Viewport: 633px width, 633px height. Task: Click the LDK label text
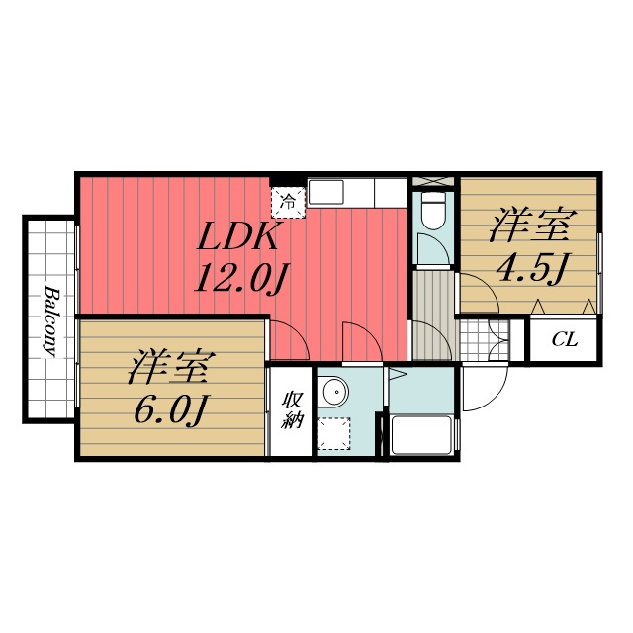(237, 236)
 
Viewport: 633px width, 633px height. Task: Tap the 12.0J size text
(240, 278)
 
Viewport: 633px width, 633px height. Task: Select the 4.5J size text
(531, 268)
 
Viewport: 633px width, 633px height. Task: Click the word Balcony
(50, 320)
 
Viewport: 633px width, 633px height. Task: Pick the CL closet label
(565, 340)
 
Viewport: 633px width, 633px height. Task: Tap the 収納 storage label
(292, 409)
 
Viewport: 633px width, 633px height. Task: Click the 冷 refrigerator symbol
(288, 202)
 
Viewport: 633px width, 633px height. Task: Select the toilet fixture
(433, 212)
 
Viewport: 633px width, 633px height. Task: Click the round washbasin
(335, 392)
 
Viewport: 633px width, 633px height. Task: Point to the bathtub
(421, 435)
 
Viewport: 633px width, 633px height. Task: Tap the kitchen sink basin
(325, 193)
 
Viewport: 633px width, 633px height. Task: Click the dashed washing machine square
(334, 433)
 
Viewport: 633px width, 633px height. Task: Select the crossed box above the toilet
(433, 181)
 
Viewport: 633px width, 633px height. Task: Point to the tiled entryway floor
(485, 340)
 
